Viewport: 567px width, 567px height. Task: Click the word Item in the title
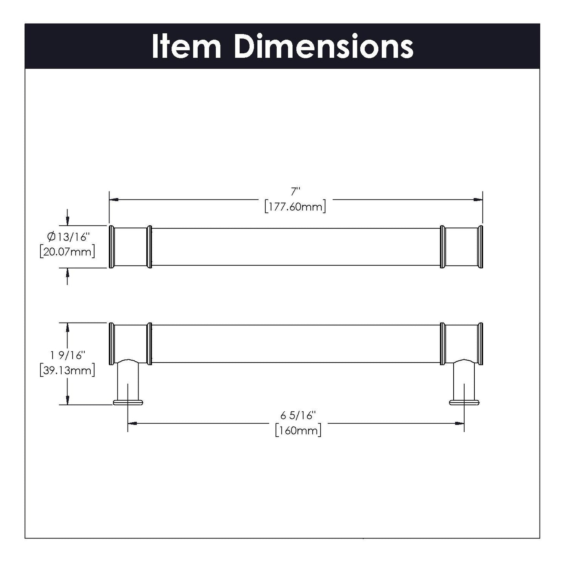[186, 47]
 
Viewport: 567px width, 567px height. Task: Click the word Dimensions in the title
[323, 47]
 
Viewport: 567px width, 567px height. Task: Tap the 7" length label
[295, 192]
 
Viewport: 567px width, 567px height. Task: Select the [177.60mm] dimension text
[295, 206]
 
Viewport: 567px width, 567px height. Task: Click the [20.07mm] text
[67, 252]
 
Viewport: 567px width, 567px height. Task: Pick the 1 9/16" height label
[67, 356]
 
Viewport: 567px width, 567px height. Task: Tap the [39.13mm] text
[67, 370]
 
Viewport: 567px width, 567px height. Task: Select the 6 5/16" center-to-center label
[298, 415]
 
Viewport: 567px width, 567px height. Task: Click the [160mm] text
[298, 430]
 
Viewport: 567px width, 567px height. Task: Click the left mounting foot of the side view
[128, 402]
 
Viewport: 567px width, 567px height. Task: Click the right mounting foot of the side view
[464, 402]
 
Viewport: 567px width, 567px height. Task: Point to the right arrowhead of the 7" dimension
[478, 200]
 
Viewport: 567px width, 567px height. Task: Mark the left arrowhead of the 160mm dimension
[133, 423]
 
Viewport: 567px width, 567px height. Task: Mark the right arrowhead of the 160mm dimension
[459, 423]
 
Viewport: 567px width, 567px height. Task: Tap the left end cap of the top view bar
[111, 247]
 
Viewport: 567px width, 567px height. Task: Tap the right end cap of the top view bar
[480, 247]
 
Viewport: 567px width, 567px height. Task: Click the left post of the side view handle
[128, 381]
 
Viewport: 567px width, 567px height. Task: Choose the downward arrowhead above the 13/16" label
[67, 221]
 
